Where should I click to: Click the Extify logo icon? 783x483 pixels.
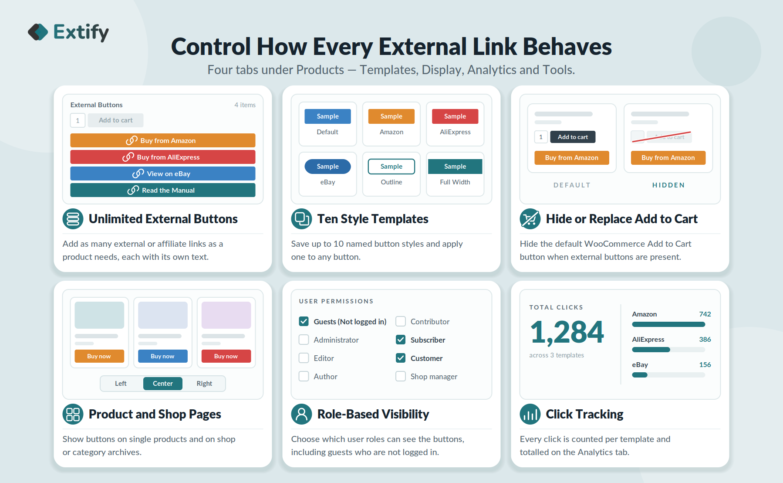coord(38,32)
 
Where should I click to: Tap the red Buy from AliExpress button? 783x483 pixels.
coord(163,157)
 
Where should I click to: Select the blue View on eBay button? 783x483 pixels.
coord(163,173)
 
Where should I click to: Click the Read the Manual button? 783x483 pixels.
coord(163,190)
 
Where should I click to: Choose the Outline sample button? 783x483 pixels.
coord(391,167)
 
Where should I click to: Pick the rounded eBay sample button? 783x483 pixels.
coord(327,167)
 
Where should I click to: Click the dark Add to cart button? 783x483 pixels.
coord(573,137)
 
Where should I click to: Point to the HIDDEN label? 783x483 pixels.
coord(668,185)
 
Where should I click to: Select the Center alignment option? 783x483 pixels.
coord(163,384)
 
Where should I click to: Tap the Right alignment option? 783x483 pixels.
coord(204,384)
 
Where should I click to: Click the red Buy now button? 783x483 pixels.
coord(226,356)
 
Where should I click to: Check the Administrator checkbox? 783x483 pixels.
coord(304,340)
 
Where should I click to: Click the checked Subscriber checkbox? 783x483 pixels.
coord(401,340)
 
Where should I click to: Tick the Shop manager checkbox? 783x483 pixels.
coord(401,376)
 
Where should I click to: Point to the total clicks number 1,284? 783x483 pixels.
coord(567,333)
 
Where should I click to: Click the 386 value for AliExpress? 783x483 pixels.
coord(705,340)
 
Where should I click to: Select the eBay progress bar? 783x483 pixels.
coord(668,375)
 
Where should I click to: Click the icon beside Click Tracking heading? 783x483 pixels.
coord(530,414)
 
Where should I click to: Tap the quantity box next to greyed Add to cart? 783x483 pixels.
coord(78,120)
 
